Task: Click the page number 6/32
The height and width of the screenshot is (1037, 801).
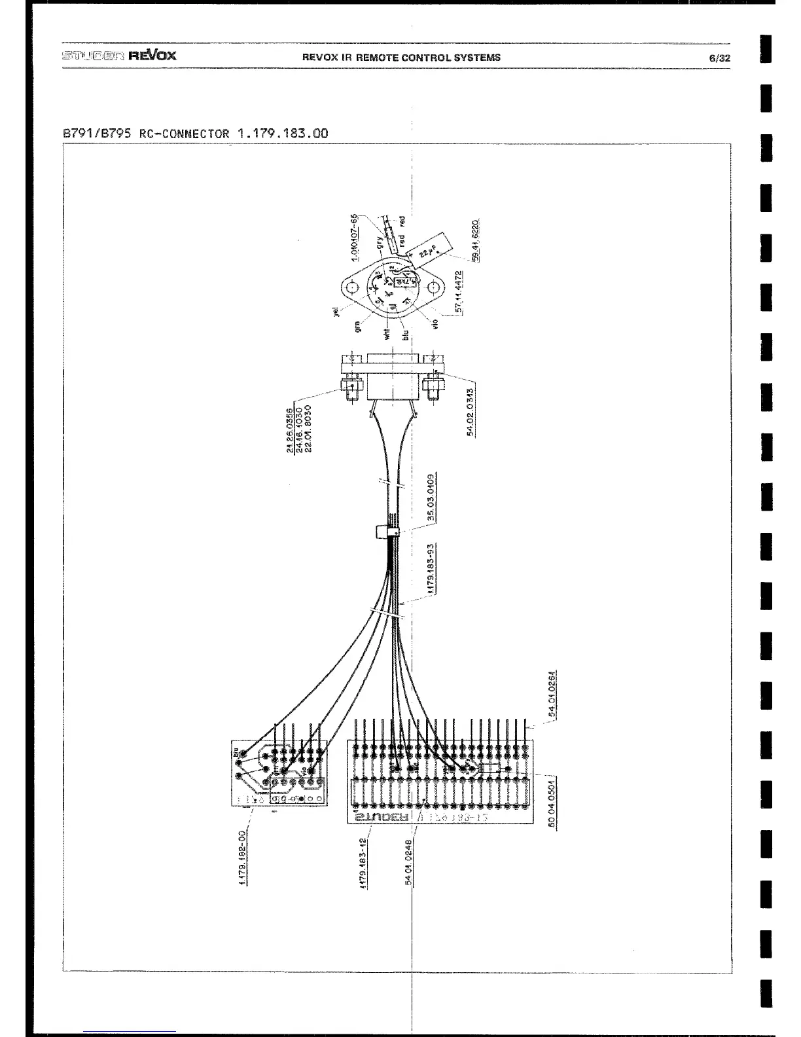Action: (x=719, y=58)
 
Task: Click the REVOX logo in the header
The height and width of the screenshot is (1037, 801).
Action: (x=152, y=55)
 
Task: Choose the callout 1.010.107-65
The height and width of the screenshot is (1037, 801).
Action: (x=354, y=238)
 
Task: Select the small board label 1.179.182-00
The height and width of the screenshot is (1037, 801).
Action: (x=242, y=856)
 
